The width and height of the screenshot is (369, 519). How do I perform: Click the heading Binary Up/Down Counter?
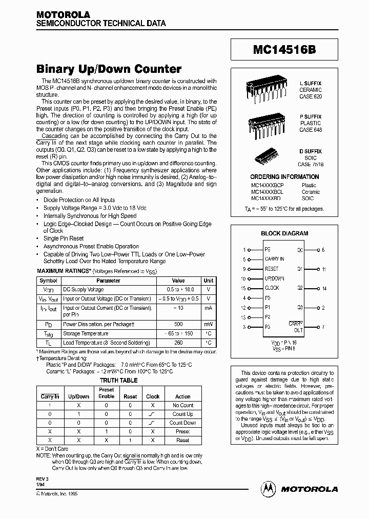point(109,69)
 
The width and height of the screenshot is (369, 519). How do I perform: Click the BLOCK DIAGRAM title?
point(284,233)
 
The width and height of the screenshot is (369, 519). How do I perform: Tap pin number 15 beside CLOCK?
point(244,288)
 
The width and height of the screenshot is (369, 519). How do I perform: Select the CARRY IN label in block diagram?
point(274,259)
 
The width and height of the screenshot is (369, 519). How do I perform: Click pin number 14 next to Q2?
point(324,288)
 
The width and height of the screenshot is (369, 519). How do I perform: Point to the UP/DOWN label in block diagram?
point(274,278)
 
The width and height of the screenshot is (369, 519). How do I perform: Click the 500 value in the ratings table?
point(178,324)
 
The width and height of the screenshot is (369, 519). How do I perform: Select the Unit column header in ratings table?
point(208,281)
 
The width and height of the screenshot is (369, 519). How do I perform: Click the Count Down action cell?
point(182,423)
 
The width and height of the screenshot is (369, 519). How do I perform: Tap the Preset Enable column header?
point(106,393)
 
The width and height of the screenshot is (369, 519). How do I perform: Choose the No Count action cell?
point(182,405)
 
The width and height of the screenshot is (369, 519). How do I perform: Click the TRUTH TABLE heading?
point(118,381)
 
